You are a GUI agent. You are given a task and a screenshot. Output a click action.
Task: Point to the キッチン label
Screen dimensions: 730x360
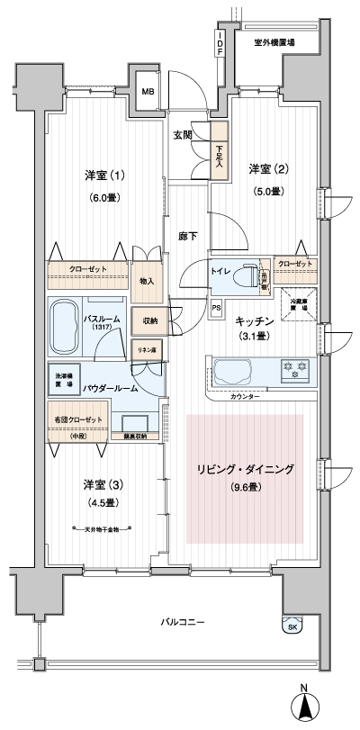(253, 320)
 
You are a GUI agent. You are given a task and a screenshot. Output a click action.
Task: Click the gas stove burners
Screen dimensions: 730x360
(293, 368)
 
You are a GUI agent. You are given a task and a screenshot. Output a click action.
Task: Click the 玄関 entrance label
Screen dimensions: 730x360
(184, 135)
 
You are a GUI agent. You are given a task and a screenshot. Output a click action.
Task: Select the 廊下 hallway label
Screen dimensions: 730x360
(188, 235)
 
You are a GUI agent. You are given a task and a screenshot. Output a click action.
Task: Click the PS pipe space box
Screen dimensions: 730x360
(216, 306)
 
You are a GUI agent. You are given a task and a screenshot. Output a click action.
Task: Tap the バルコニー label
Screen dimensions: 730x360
(184, 622)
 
